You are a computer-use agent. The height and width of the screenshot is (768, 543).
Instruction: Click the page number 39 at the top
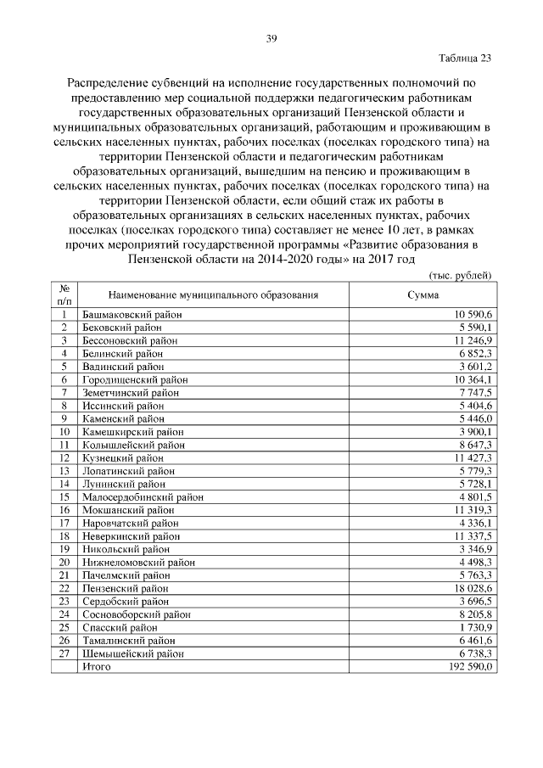pos(271,38)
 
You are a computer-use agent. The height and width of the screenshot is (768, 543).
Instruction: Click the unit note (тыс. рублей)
pos(459,277)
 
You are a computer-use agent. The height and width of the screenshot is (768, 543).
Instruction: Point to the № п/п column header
pos(64,294)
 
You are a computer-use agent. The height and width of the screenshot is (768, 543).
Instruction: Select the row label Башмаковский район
pos(132,314)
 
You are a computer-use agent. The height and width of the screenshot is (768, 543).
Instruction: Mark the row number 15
pos(64,497)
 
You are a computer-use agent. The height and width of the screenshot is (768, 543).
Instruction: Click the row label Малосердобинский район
pos(142,497)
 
